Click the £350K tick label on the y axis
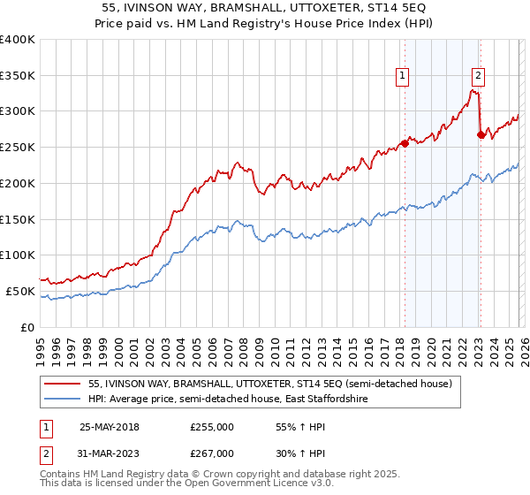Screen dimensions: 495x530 (18, 76)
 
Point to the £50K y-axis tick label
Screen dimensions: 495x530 (20, 291)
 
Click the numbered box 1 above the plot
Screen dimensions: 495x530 (402, 77)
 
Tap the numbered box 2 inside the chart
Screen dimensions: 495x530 (478, 77)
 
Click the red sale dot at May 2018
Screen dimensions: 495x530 (405, 143)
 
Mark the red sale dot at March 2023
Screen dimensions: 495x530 (481, 134)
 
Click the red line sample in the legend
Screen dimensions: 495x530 (64, 384)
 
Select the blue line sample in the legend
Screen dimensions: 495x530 (64, 400)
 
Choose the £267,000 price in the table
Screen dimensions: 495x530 (211, 453)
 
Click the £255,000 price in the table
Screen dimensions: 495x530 (211, 425)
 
